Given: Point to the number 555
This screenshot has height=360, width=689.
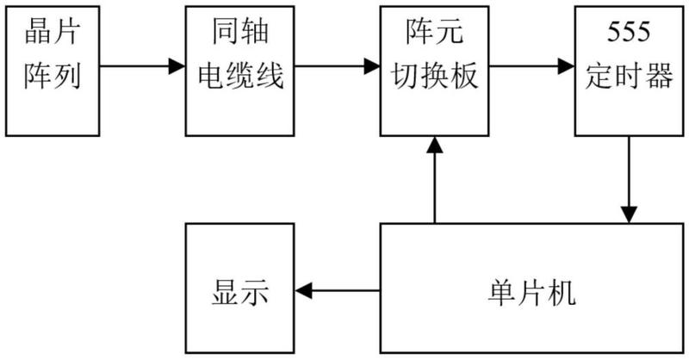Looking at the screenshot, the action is tap(629, 32).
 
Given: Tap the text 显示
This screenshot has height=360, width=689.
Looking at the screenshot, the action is tap(240, 292).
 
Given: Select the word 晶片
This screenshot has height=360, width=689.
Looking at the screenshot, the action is tap(53, 32).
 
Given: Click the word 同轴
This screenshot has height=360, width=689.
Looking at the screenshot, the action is tap(240, 32).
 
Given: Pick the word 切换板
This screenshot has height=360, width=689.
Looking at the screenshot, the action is tap(435, 75).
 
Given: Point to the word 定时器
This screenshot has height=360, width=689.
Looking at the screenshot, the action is tap(630, 75).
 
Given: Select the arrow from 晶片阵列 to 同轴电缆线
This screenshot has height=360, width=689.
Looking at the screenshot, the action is tap(142, 66).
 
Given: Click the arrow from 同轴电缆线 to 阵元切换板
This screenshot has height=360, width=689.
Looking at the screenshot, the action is tap(337, 66).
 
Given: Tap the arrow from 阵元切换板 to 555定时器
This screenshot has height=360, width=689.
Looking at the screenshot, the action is tap(532, 66).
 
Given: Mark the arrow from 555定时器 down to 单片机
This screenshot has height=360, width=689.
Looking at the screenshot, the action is tap(629, 180).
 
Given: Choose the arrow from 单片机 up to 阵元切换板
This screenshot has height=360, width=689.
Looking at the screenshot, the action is tap(435, 180).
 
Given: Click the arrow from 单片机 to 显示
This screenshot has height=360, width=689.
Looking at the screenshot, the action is tap(337, 290).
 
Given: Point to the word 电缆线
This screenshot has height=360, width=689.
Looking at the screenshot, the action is tap(240, 75).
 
